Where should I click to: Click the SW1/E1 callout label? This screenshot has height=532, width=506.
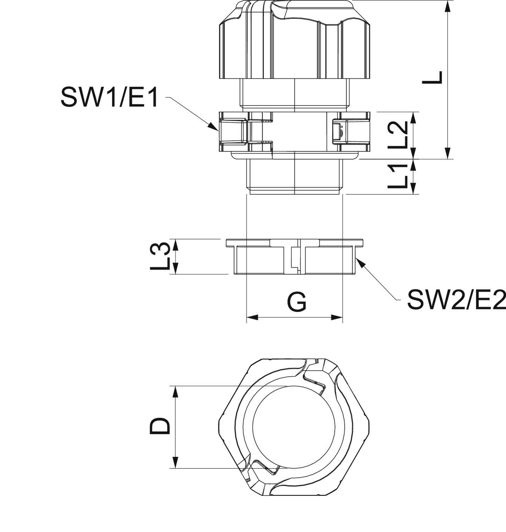click(109, 97)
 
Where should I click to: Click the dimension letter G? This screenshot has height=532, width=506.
click(296, 302)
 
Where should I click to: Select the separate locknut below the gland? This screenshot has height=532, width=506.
click(295, 257)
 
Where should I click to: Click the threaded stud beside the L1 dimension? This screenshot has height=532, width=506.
click(295, 176)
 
